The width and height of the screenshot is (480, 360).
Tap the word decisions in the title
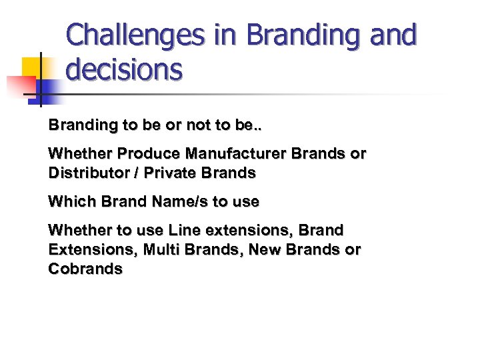pos(125,69)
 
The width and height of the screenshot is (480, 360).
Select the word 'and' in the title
pos(391,35)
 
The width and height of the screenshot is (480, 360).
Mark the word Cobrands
pos(85,269)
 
